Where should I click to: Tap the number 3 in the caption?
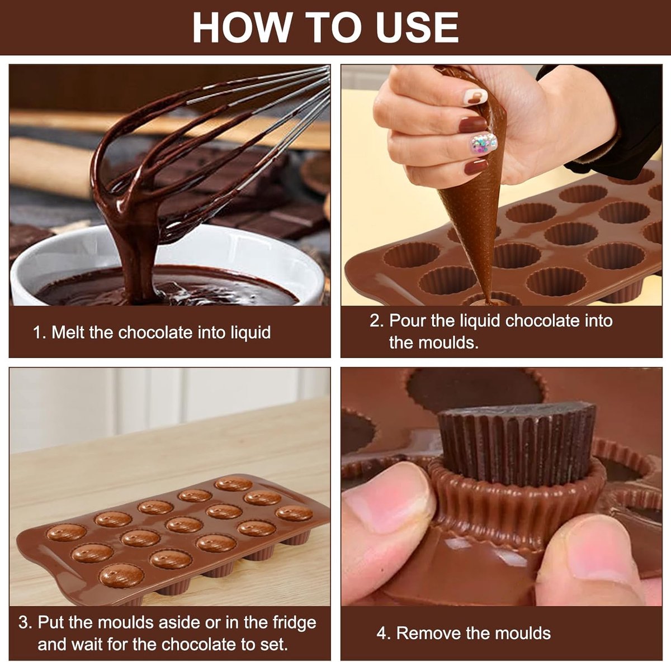[23, 622]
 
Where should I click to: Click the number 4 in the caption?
[382, 633]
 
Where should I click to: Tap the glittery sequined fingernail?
[484, 142]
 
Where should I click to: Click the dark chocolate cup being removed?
[517, 444]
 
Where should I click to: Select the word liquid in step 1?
[251, 333]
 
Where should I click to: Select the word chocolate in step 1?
[155, 332]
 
